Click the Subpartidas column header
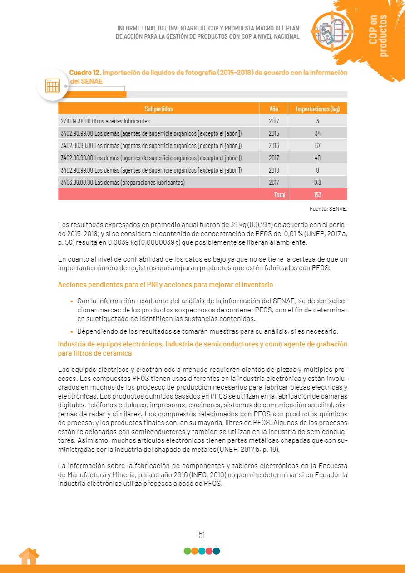click(158, 109)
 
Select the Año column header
click(273, 109)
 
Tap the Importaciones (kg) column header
click(317, 109)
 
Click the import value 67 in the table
click(317, 146)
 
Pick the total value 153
click(317, 195)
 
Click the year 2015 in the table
click(273, 133)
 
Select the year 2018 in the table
click(273, 170)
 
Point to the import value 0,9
click(317, 183)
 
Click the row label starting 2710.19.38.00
click(105, 121)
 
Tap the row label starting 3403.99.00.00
click(122, 183)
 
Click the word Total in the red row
click(279, 195)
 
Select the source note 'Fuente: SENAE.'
click(327, 209)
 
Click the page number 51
click(202, 535)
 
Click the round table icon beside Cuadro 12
click(52, 85)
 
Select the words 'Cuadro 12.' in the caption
click(85, 73)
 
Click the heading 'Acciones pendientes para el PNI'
click(165, 285)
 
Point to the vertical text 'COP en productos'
click(378, 35)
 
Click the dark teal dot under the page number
click(217, 551)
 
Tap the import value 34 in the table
click(317, 133)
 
